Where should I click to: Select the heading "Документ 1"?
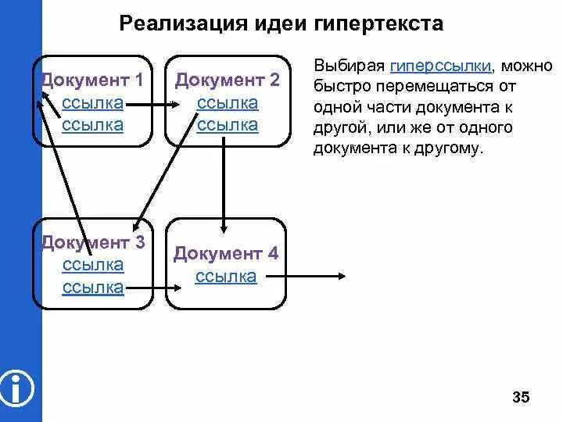point(92,80)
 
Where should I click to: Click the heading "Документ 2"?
point(227,80)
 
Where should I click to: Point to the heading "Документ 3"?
point(92,242)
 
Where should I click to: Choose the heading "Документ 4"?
point(226,254)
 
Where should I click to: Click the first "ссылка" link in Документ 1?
point(92,103)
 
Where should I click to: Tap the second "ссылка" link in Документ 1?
point(92,125)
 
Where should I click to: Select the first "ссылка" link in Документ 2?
point(227,103)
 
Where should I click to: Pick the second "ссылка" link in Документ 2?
point(227,125)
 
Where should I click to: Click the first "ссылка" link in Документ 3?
point(92,265)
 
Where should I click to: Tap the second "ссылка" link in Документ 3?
point(92,288)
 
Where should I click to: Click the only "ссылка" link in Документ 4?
point(226,277)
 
